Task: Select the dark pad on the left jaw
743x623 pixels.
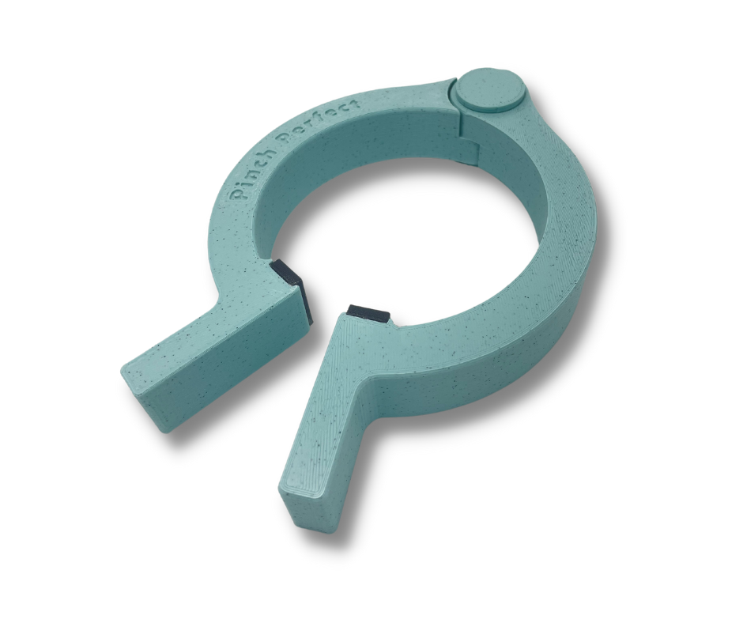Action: tap(290, 289)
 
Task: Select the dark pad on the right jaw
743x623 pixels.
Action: tap(368, 314)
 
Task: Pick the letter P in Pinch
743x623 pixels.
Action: tap(236, 194)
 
